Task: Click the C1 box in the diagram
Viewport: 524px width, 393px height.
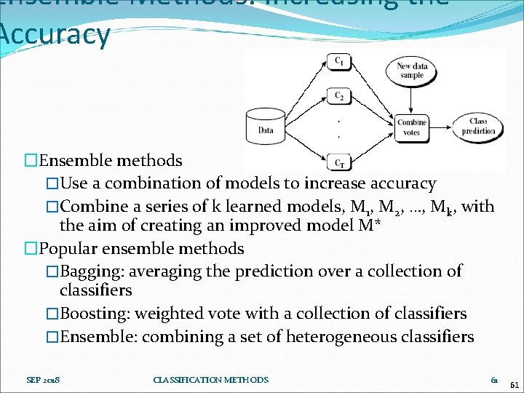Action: (339, 62)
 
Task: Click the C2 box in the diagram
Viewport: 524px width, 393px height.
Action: (339, 96)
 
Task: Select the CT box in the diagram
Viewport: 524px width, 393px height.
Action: (339, 163)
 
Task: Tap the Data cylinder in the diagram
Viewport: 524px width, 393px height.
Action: (266, 127)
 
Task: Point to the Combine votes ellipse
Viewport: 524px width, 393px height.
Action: (412, 127)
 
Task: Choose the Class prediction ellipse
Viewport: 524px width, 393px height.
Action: (479, 127)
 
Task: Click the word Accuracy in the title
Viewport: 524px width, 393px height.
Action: (55, 34)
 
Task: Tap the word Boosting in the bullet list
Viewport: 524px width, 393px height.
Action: (89, 314)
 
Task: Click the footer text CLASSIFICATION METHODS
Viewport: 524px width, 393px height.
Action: (211, 380)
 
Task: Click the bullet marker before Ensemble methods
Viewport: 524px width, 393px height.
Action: (30, 160)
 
